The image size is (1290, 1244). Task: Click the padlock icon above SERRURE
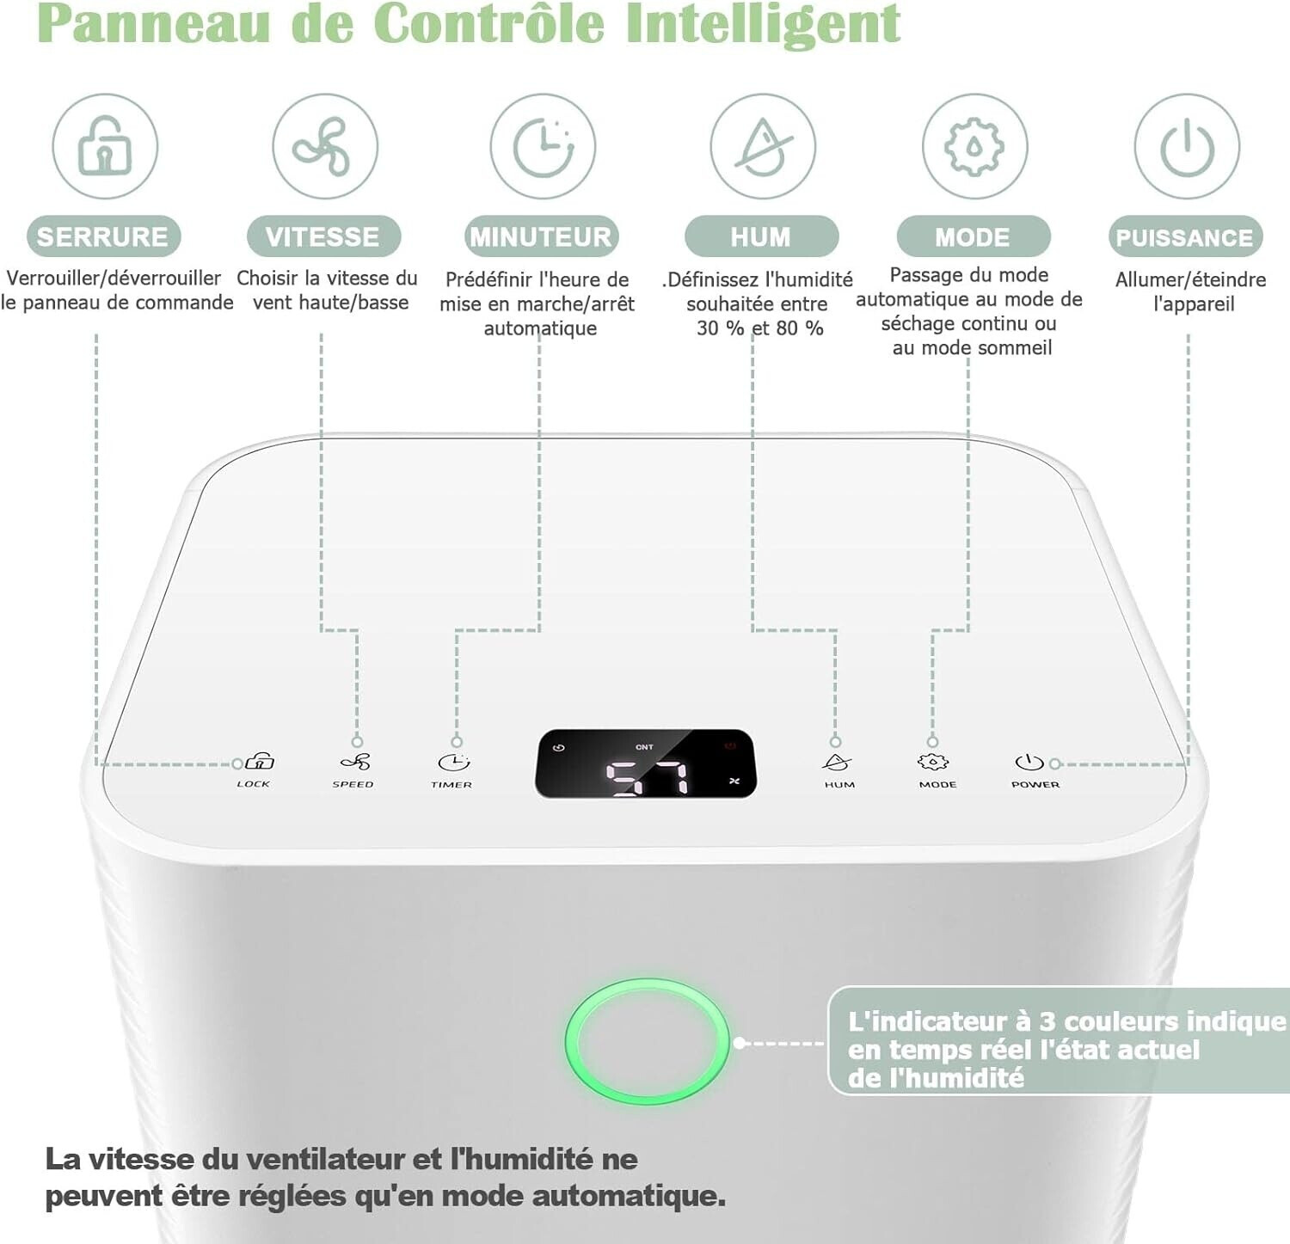(x=105, y=146)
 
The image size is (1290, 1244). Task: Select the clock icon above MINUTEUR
(x=544, y=146)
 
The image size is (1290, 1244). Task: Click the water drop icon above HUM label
(x=763, y=146)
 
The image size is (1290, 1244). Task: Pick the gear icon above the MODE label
(x=974, y=146)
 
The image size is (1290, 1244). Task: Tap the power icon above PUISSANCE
(x=1187, y=146)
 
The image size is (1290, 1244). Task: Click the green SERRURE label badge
(x=103, y=236)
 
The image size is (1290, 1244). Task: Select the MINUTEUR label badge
(x=541, y=236)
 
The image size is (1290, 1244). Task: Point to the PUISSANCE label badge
(x=1185, y=237)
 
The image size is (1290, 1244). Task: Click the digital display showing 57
(x=646, y=763)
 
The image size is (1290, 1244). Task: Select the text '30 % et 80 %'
(x=760, y=328)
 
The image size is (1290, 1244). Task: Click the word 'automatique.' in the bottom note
(x=628, y=1196)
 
